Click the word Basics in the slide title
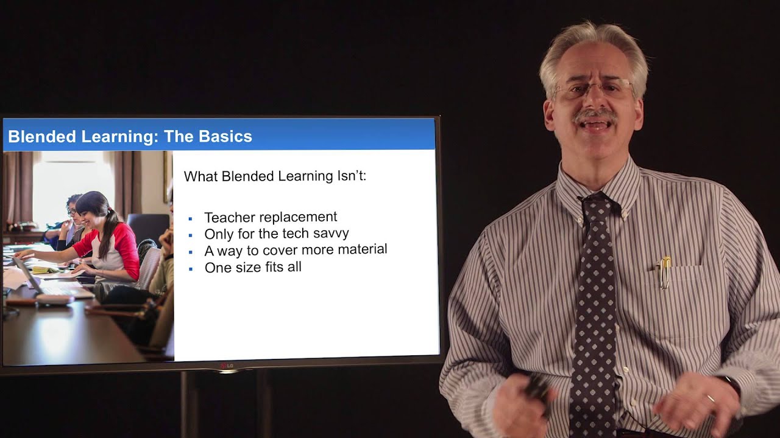225,136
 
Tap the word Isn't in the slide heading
351,176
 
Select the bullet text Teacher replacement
271,217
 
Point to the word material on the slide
364,249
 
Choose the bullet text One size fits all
253,267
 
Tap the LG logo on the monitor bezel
227,365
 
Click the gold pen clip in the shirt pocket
665,272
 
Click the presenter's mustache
595,114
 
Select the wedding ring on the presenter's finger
710,398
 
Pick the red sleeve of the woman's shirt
127,249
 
